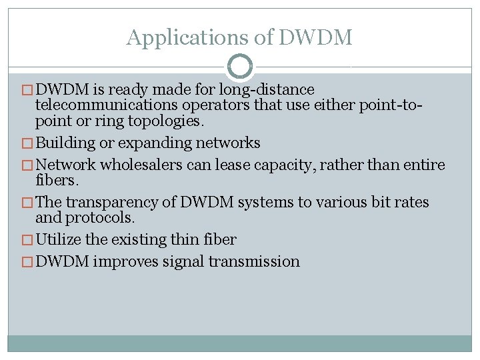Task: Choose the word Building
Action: point(64,143)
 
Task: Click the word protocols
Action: point(98,217)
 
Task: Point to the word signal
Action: point(186,261)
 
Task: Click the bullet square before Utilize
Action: point(28,240)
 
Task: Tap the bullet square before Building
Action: point(28,143)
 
